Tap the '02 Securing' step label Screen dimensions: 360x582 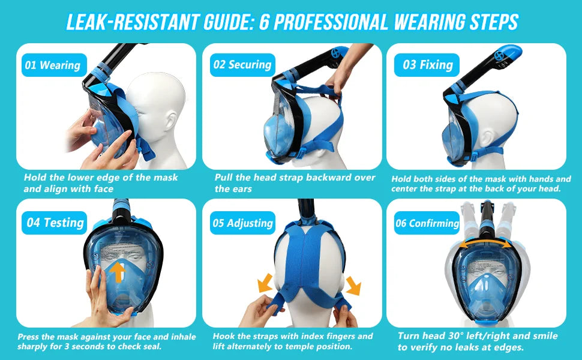pos(242,65)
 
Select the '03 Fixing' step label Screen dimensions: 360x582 pos(427,65)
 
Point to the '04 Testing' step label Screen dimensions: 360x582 pos(55,223)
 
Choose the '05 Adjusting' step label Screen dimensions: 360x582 pos(242,223)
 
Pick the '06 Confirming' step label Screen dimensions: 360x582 pos(427,223)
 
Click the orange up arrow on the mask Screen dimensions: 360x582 pos(118,271)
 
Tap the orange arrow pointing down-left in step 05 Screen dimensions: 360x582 pos(264,283)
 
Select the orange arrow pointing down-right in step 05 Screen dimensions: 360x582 pos(353,286)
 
